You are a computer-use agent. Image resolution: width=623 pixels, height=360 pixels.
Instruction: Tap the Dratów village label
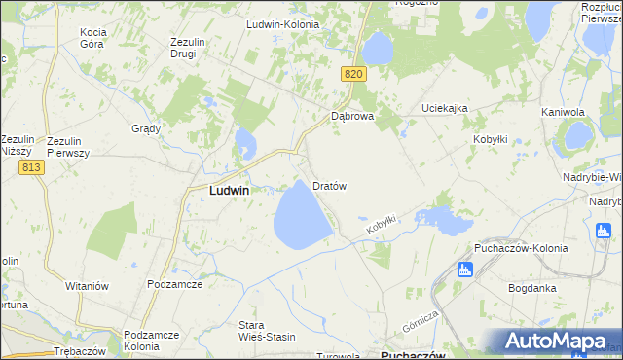pyautogui.click(x=330, y=185)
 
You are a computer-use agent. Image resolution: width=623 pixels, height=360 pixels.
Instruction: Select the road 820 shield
pyautogui.click(x=353, y=74)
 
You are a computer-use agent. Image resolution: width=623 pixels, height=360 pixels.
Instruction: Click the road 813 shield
pyautogui.click(x=30, y=168)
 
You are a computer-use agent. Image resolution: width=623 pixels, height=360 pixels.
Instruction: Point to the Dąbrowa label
pyautogui.click(x=352, y=115)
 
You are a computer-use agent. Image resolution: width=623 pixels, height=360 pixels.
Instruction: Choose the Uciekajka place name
pyautogui.click(x=445, y=107)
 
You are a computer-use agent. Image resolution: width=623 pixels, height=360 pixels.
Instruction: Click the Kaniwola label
pyautogui.click(x=563, y=113)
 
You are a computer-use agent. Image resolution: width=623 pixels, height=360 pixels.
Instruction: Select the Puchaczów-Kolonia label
pyautogui.click(x=521, y=248)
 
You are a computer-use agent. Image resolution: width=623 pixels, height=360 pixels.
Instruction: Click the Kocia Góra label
pyautogui.click(x=92, y=38)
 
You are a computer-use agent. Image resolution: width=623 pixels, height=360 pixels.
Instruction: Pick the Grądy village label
pyautogui.click(x=145, y=128)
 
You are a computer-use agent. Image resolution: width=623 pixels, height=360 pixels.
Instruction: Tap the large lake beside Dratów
pyautogui.click(x=303, y=216)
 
